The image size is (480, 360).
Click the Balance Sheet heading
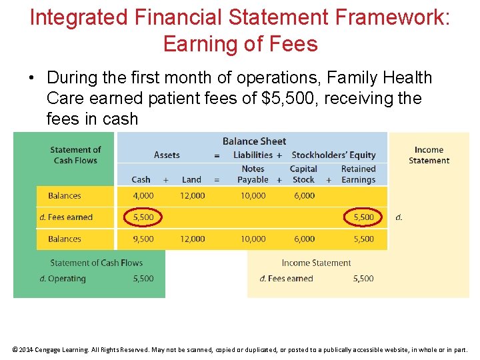[254, 141]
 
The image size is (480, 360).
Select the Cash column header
[141, 179]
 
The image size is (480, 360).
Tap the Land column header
[191, 179]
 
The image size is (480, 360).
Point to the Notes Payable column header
[253, 174]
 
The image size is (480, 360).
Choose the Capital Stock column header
[303, 174]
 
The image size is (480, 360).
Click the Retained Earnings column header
[359, 174]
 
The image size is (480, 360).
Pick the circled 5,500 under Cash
[143, 217]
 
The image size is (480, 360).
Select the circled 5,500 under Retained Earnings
[363, 217]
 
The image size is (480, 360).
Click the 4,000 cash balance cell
[143, 196]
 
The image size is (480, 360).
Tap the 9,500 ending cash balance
[143, 239]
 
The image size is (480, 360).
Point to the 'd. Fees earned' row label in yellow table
[66, 217]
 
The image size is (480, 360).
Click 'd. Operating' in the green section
[63, 279]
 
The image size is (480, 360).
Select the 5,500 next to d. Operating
[143, 279]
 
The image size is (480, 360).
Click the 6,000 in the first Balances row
[304, 196]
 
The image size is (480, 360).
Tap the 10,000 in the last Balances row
[253, 239]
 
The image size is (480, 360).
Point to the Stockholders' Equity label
[333, 155]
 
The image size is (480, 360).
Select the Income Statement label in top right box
[429, 155]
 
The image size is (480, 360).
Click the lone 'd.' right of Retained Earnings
[399, 217]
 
